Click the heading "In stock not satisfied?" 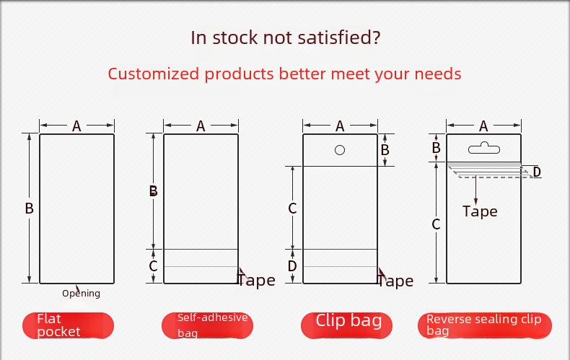click(x=286, y=38)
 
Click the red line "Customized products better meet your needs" click(x=284, y=74)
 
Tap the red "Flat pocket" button click(x=68, y=325)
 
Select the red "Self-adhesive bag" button click(x=207, y=325)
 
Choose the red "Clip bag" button click(x=346, y=325)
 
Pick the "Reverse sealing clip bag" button click(x=485, y=325)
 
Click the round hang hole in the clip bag click(x=340, y=150)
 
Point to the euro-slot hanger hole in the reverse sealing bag click(x=484, y=148)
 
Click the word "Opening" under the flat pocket click(x=81, y=294)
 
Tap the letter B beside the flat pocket click(x=29, y=208)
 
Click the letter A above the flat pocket click(x=76, y=126)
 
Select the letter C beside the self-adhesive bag click(x=153, y=266)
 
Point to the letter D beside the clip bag click(x=292, y=266)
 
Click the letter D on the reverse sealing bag click(x=537, y=172)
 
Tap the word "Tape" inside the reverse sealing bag click(x=480, y=211)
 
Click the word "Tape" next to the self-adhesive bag click(x=256, y=281)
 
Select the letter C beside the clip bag click(x=292, y=208)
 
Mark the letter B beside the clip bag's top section click(x=385, y=150)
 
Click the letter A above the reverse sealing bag click(x=483, y=126)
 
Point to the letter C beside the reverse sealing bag click(x=437, y=224)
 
